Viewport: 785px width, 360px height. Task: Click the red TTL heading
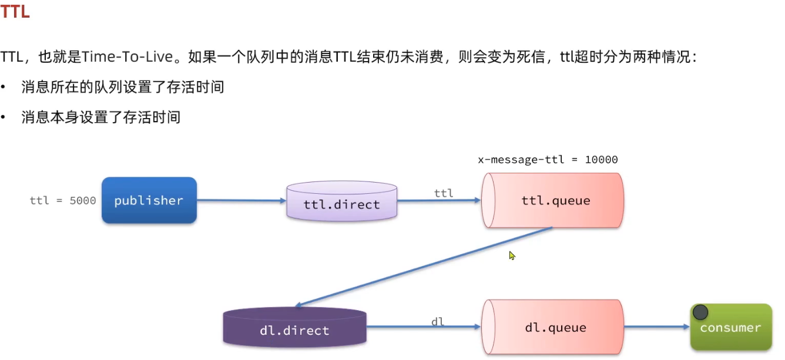[x=15, y=12]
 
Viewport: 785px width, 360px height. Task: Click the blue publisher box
[x=149, y=200]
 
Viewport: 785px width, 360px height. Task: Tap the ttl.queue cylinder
[x=552, y=200]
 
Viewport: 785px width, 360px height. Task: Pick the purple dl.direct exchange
[x=294, y=328]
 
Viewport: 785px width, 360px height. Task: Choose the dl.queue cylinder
[x=552, y=327]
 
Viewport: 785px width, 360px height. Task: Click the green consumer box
[x=730, y=327]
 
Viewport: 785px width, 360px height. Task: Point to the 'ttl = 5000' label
[x=63, y=200]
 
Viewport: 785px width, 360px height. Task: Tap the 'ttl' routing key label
[x=444, y=193]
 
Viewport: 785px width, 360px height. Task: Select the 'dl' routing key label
[x=438, y=321]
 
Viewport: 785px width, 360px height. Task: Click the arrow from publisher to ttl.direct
[x=241, y=201]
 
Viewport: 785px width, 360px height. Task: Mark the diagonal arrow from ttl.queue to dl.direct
[x=423, y=267]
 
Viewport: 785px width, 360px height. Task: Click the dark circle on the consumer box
[x=700, y=312]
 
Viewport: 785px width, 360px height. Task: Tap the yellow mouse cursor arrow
[x=512, y=255]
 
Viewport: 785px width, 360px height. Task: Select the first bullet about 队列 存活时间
[x=122, y=88]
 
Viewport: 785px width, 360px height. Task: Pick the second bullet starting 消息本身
[x=100, y=117]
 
